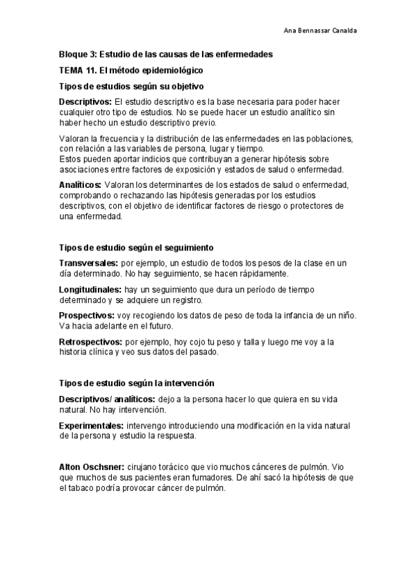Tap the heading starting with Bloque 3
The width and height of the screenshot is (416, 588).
[x=165, y=54]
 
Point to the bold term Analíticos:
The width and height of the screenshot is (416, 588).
[x=80, y=184]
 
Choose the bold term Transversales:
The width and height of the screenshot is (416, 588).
[x=89, y=263]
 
